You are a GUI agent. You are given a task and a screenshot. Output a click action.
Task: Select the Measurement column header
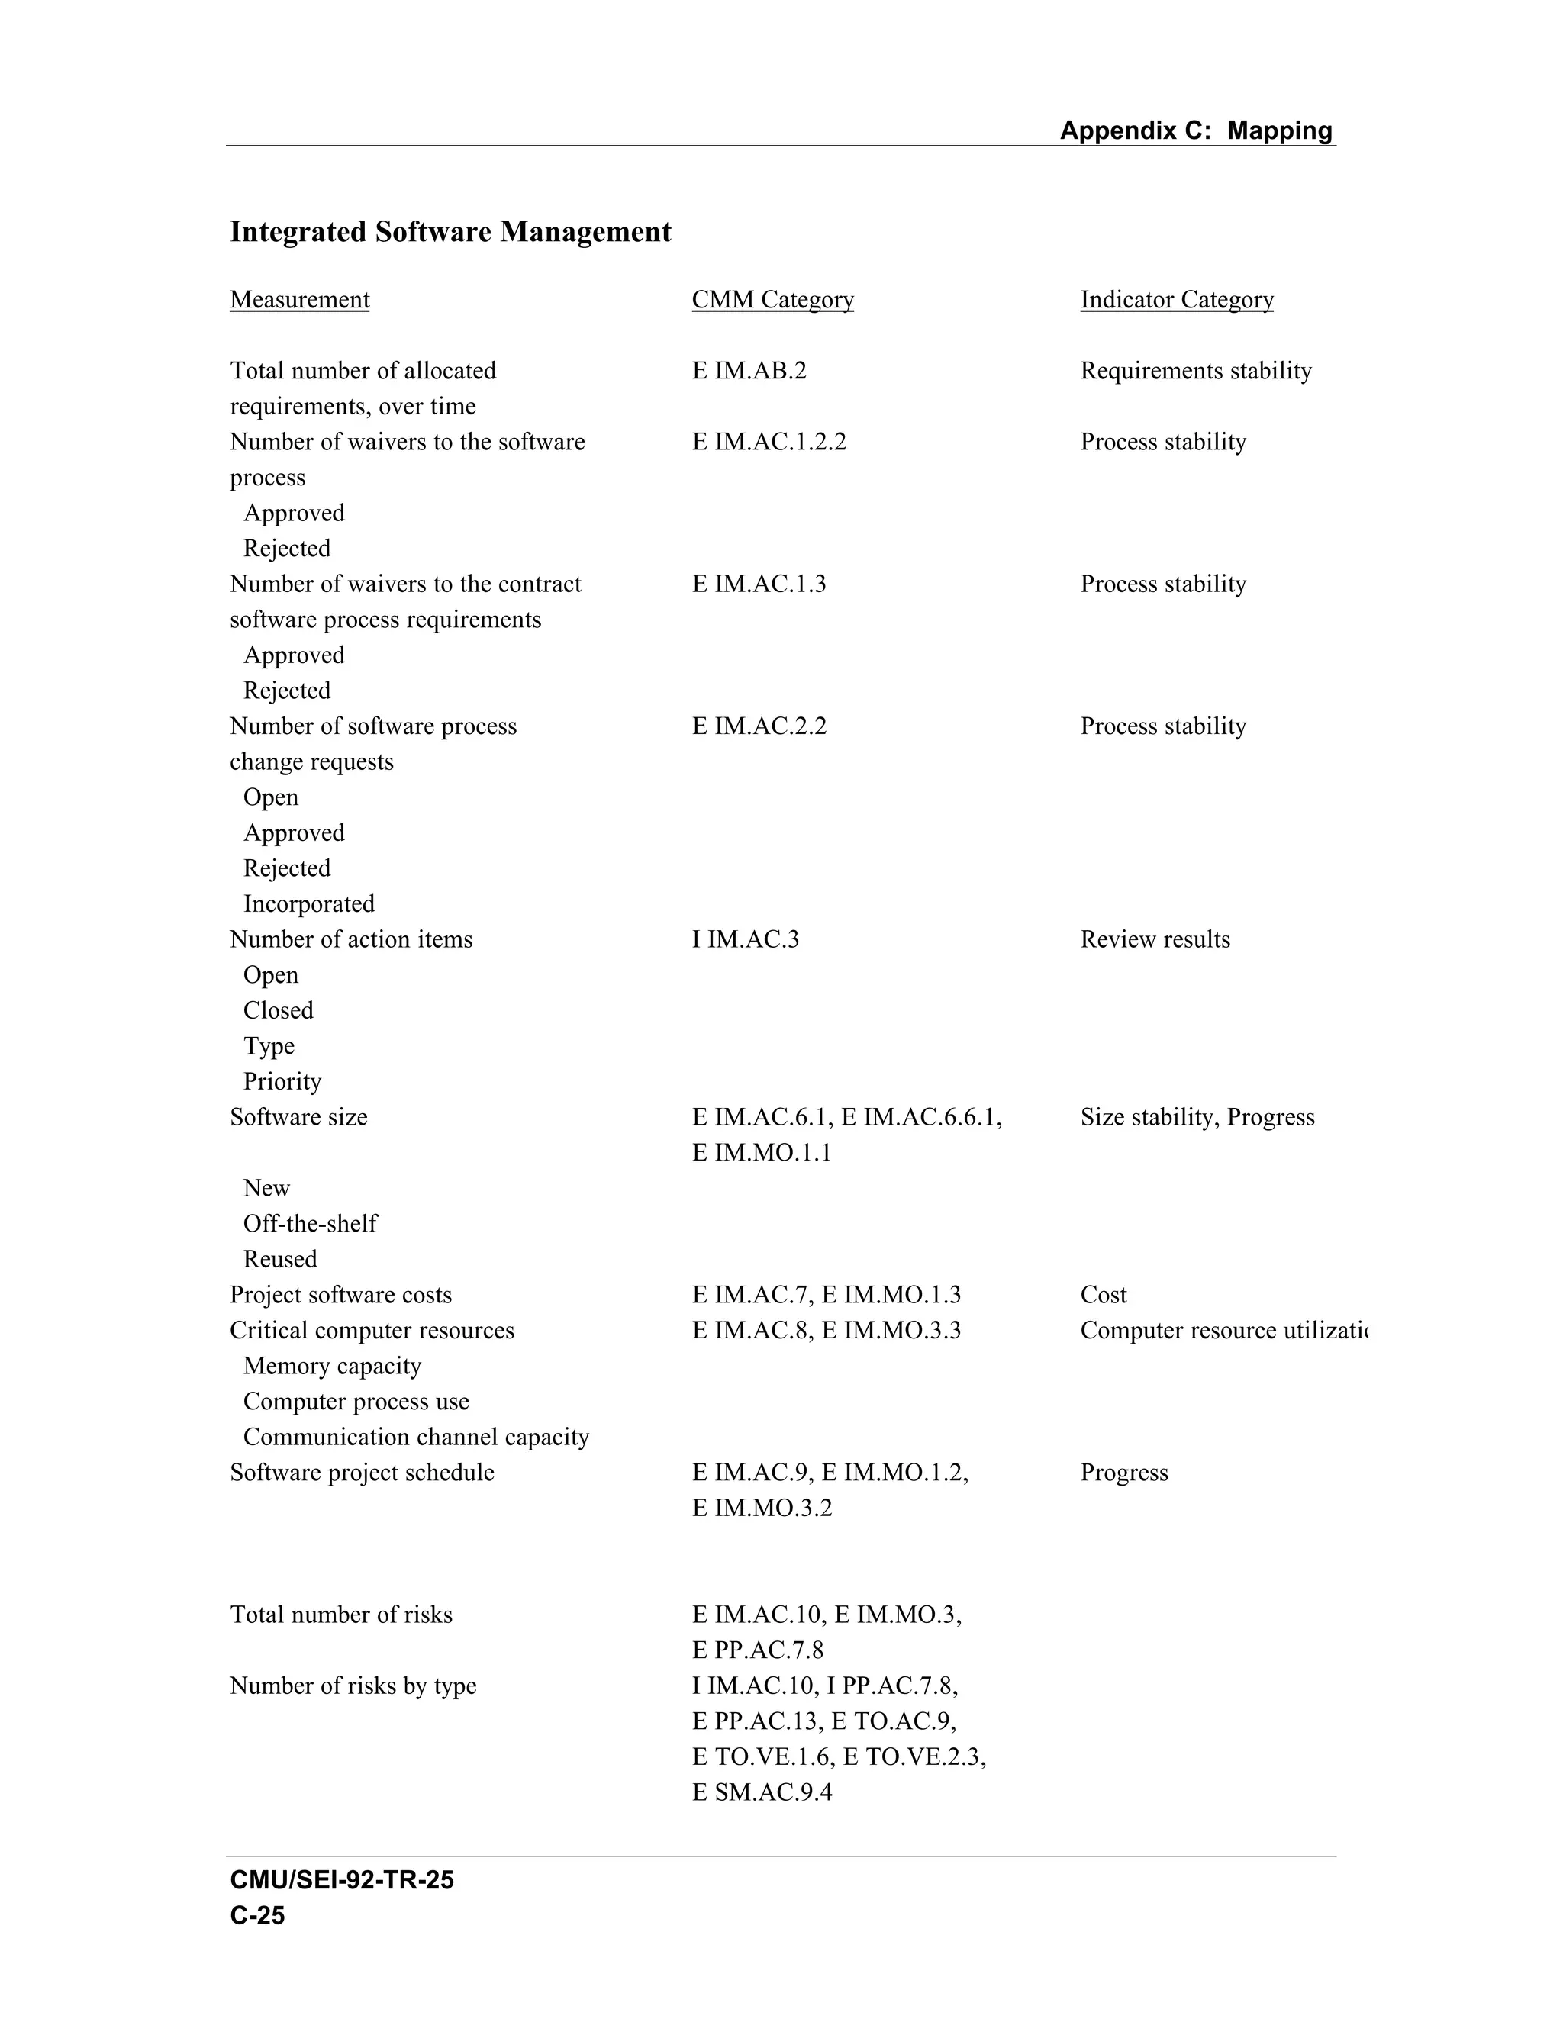coord(299,300)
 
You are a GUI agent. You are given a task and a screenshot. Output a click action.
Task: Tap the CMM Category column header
coord(772,300)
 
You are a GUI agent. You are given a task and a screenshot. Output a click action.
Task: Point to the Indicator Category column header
coord(1176,300)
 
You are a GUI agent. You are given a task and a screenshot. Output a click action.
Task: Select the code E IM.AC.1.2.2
coord(769,442)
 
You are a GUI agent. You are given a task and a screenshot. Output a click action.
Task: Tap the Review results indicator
coord(1155,940)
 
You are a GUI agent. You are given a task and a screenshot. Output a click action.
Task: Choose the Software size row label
coord(298,1118)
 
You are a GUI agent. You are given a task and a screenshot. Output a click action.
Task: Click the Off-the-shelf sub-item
coord(309,1224)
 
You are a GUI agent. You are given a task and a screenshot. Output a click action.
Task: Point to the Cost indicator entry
coord(1103,1296)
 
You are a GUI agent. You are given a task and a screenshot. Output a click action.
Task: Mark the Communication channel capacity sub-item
coord(416,1438)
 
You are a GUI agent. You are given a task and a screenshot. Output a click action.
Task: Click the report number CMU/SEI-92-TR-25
coord(342,1880)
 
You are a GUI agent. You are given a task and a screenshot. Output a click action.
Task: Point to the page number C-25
coord(257,1915)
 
